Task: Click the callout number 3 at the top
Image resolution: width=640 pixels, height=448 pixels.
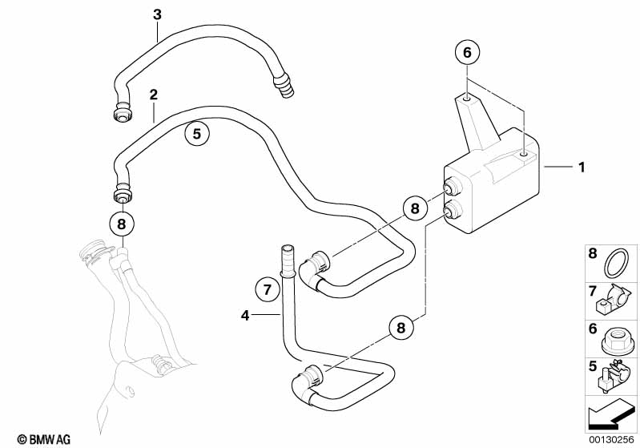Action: tap(157, 14)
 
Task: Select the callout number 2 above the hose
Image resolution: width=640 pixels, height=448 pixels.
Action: tap(153, 95)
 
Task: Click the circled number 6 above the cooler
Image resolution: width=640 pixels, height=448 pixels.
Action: tap(467, 52)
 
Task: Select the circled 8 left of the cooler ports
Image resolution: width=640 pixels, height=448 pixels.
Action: tap(414, 208)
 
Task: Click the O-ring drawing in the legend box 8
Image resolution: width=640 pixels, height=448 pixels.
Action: tap(615, 263)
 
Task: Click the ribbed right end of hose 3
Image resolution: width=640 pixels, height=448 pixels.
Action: tap(283, 85)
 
